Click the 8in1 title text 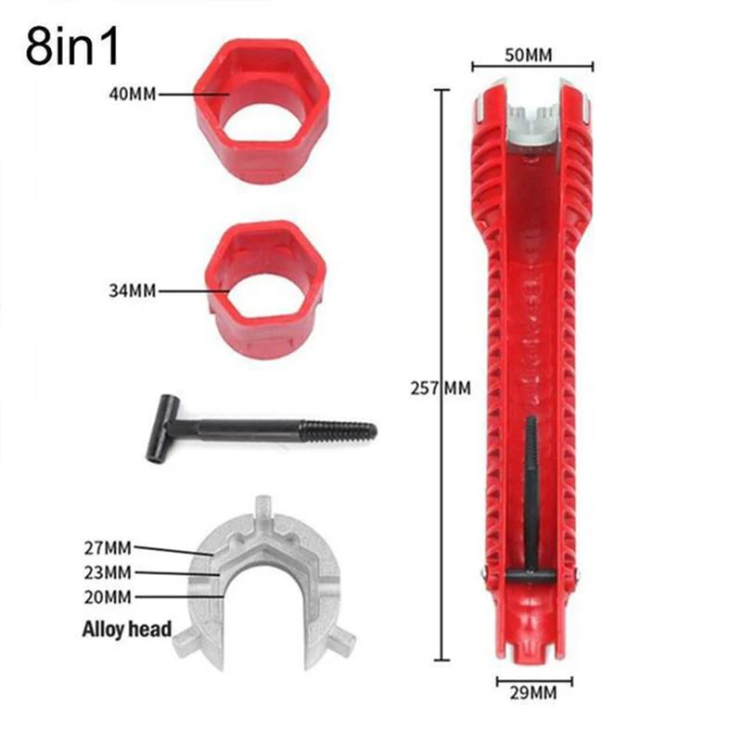[x=72, y=47]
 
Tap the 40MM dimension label [x=133, y=95]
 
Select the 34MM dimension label [x=133, y=290]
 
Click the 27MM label [x=108, y=548]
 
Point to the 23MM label [x=108, y=572]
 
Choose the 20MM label [x=108, y=597]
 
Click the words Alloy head [x=127, y=630]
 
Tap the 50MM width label [x=528, y=56]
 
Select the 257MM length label [x=441, y=389]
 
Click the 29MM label [x=533, y=694]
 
